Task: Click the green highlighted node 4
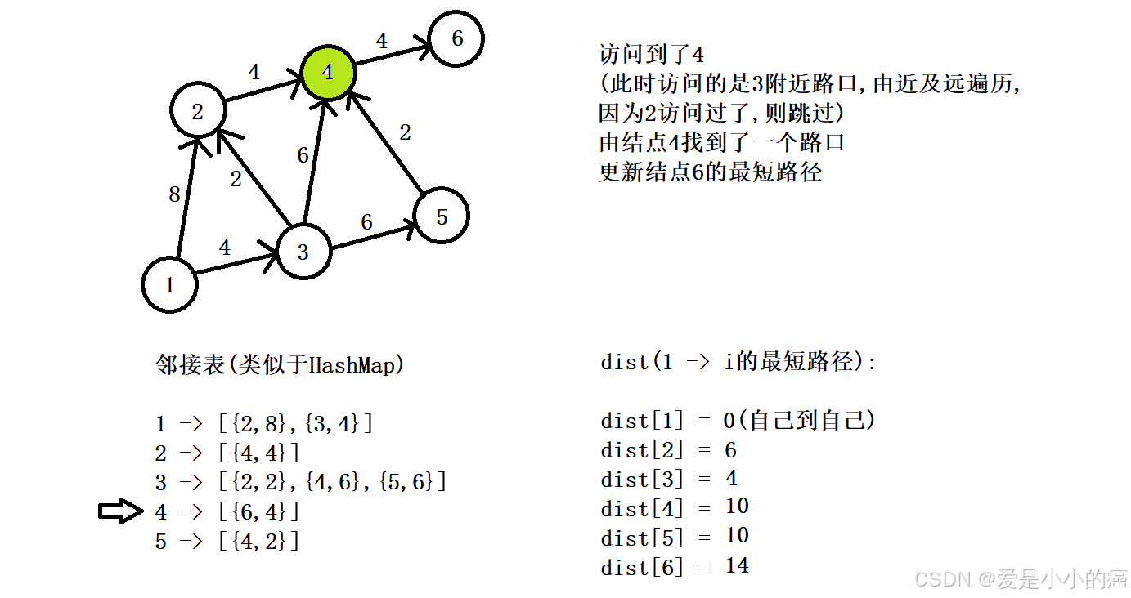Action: coord(328,72)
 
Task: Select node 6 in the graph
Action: coord(456,38)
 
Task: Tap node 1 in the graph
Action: coord(170,285)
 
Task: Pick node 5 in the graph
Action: coord(442,216)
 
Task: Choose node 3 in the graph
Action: coord(303,251)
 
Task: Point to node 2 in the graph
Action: coord(197,110)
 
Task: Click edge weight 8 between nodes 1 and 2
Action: coord(174,194)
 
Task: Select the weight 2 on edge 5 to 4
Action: coord(405,132)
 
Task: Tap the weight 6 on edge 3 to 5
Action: coord(366,221)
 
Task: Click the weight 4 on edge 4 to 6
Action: coord(381,40)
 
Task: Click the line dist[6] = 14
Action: coord(675,566)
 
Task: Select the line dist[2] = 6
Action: coord(668,450)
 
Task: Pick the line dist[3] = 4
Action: coord(668,479)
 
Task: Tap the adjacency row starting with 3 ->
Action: coord(301,482)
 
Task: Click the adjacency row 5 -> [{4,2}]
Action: coord(227,541)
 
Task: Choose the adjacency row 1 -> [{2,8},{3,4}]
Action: coord(264,423)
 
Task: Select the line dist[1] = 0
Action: coord(738,421)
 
